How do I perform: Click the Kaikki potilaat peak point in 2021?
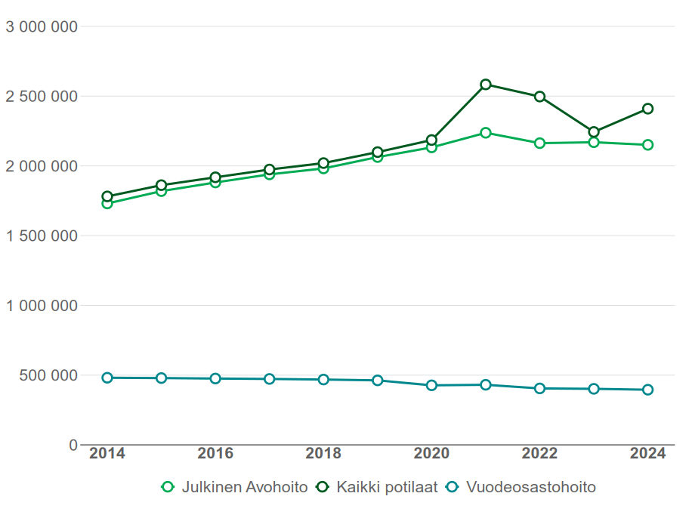pos(486,85)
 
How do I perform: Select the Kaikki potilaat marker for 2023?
pos(594,132)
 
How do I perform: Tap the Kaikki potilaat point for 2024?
pos(647,109)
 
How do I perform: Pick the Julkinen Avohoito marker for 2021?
pos(486,133)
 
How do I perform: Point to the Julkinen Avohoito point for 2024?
pos(647,145)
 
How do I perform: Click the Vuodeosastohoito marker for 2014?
pos(107,378)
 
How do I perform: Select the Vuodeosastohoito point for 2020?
pos(431,385)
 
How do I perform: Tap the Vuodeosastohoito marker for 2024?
pos(647,390)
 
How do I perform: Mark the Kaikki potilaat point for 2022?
pos(539,97)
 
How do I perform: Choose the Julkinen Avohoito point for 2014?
pos(107,203)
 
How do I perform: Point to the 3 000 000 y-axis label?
pos(42,27)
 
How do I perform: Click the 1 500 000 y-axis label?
pos(42,236)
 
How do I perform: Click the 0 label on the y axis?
pos(73,445)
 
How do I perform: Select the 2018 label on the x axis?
pos(323,454)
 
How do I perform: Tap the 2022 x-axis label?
pos(539,454)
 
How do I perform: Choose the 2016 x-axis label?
pos(215,454)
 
